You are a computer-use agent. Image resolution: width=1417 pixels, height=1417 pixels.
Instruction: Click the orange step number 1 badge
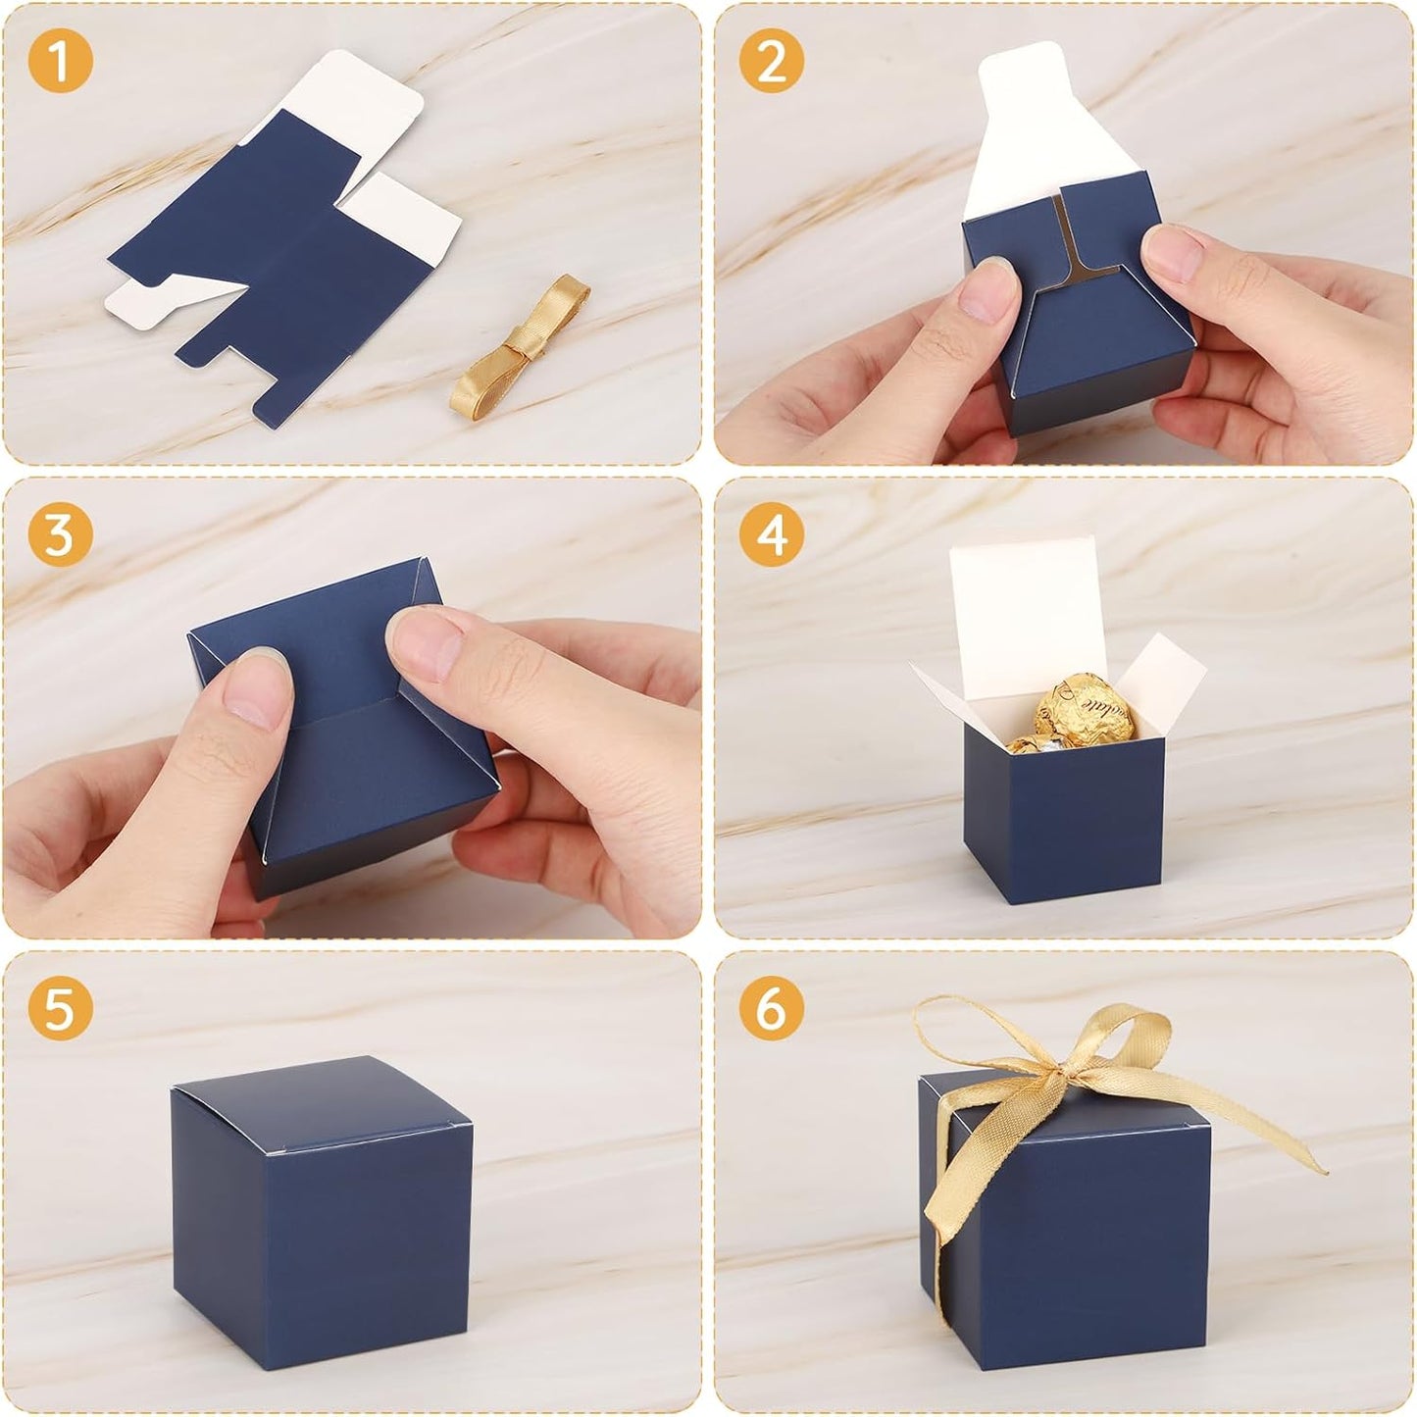point(60,61)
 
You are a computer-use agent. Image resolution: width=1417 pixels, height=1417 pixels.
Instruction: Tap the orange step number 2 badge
point(772,61)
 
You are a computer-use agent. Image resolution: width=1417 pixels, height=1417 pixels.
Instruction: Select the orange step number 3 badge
point(60,535)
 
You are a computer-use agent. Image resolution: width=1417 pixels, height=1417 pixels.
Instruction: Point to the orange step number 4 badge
point(772,535)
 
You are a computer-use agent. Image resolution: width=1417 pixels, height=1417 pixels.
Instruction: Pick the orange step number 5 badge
point(60,1007)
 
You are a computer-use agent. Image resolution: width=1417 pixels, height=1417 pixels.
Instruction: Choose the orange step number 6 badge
point(772,1007)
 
